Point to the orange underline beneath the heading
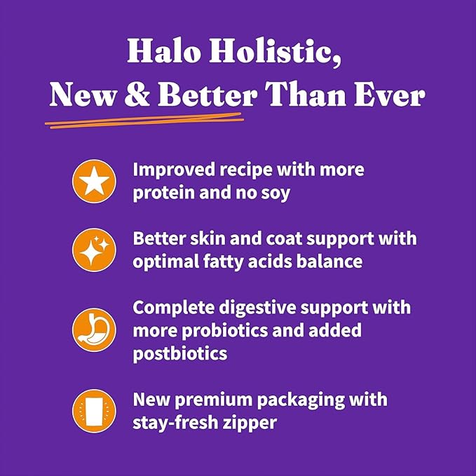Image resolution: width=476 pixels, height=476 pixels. (144, 121)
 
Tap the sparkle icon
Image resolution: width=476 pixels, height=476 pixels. (93, 250)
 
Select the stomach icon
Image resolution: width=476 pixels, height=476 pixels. (93, 329)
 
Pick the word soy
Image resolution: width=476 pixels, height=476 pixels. (273, 193)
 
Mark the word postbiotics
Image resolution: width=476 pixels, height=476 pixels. (180, 353)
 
